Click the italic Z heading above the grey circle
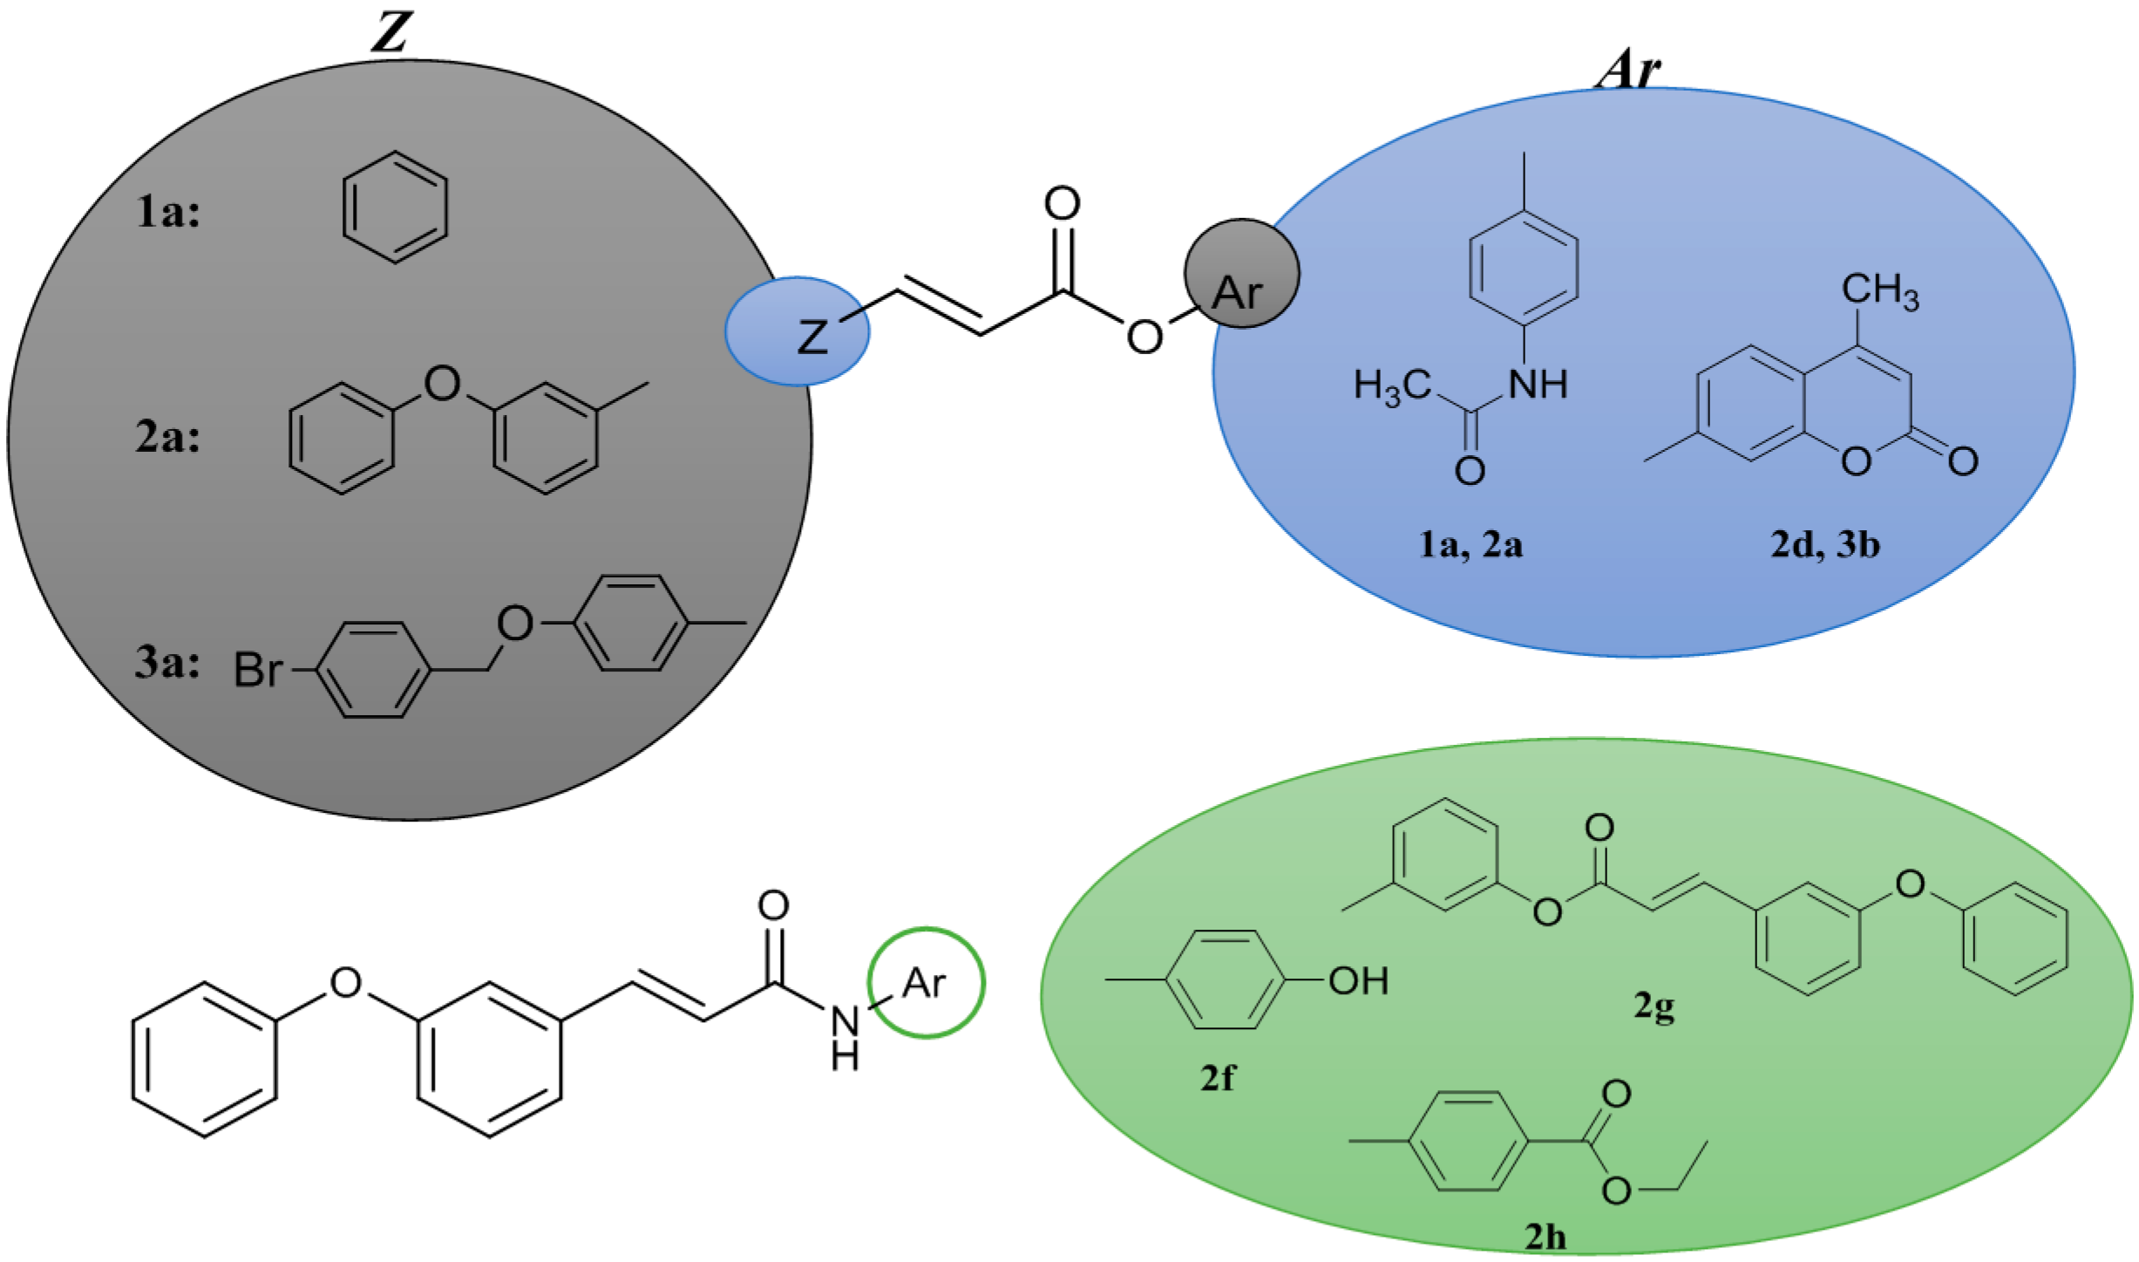pos(389,33)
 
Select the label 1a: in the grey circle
pos(167,212)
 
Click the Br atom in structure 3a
pos(258,671)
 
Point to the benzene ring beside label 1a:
pos(395,207)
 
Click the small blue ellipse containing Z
pos(797,331)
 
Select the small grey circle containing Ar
pos(1240,274)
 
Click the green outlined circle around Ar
pos(926,983)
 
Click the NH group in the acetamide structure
pos(1538,384)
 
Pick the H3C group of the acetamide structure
pos(1392,385)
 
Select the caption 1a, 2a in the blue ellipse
pos(1470,545)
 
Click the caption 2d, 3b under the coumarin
pos(1825,545)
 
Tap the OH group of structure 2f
pos(1358,982)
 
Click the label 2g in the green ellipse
pos(1653,1008)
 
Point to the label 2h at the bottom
pos(1545,1237)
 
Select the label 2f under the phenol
pos(1217,1079)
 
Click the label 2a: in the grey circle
pos(167,436)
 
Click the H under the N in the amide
pos(844,1058)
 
